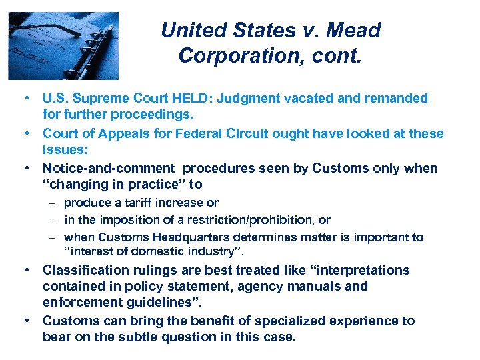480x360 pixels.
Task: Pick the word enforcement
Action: tap(83, 302)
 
